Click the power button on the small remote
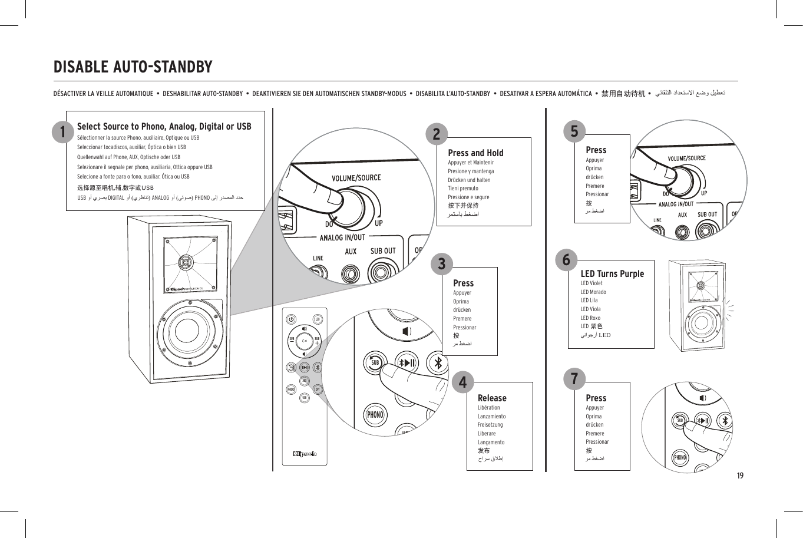pos(291,319)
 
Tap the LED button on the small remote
pos(318,319)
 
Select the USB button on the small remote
pos(304,398)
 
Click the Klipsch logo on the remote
pos(305,454)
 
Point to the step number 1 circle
pos(62,132)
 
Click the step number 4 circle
pos(462,382)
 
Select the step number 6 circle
pos(566,260)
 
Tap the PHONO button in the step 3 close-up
pos(375,415)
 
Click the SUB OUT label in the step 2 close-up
pos(383,251)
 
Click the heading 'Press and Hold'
pos(475,153)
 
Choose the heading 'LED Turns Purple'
pos(612,273)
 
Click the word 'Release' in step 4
pos(492,398)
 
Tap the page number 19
pos(740,476)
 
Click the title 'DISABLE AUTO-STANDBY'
pos(133,67)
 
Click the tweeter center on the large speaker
pos(185,261)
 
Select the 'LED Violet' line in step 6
pos(591,283)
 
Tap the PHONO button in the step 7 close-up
pos(680,458)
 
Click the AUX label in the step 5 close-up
pos(682,215)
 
